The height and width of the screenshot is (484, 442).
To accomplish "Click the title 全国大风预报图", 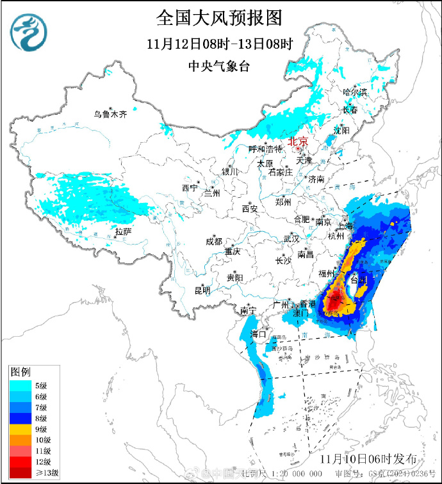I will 219,17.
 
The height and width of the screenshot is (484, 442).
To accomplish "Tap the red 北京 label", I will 298,141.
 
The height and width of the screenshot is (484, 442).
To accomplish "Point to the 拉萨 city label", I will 124,231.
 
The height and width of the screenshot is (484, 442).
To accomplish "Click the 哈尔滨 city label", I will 355,92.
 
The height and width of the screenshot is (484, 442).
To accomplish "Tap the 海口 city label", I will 258,334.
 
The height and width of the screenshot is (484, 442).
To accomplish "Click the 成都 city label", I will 213,241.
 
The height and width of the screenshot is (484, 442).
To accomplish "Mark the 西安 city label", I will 249,209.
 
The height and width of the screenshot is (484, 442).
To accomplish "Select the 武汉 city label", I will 291,239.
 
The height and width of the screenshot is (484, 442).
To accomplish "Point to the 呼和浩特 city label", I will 265,149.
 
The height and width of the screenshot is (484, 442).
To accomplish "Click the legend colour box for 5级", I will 21,385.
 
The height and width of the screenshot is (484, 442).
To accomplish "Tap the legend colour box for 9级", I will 21,429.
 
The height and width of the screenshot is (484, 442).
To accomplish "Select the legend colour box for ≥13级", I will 21,472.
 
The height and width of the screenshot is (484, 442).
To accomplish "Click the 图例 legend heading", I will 20,372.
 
